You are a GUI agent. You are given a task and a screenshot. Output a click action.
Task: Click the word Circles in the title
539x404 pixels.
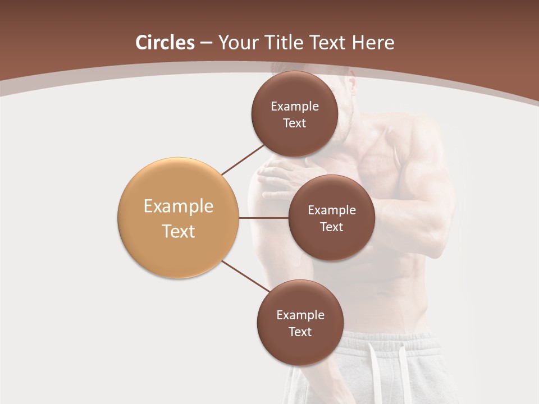point(165,43)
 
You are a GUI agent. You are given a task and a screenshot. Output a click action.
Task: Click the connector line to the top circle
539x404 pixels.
point(243,159)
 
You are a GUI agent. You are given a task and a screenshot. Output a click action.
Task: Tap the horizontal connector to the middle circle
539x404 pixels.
point(263,218)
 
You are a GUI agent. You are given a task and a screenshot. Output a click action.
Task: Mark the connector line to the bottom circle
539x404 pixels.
point(245,277)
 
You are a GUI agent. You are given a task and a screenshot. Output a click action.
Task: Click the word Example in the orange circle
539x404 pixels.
point(178,206)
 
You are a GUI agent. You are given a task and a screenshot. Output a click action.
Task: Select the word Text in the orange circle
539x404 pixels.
point(178,231)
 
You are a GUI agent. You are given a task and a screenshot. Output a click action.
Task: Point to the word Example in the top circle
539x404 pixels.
point(294,106)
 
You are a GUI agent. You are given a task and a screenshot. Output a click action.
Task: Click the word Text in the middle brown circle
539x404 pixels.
point(331,227)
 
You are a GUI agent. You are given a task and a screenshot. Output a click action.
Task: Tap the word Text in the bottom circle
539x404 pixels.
point(300,332)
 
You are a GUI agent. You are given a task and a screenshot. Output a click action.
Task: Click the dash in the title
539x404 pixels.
point(205,43)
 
